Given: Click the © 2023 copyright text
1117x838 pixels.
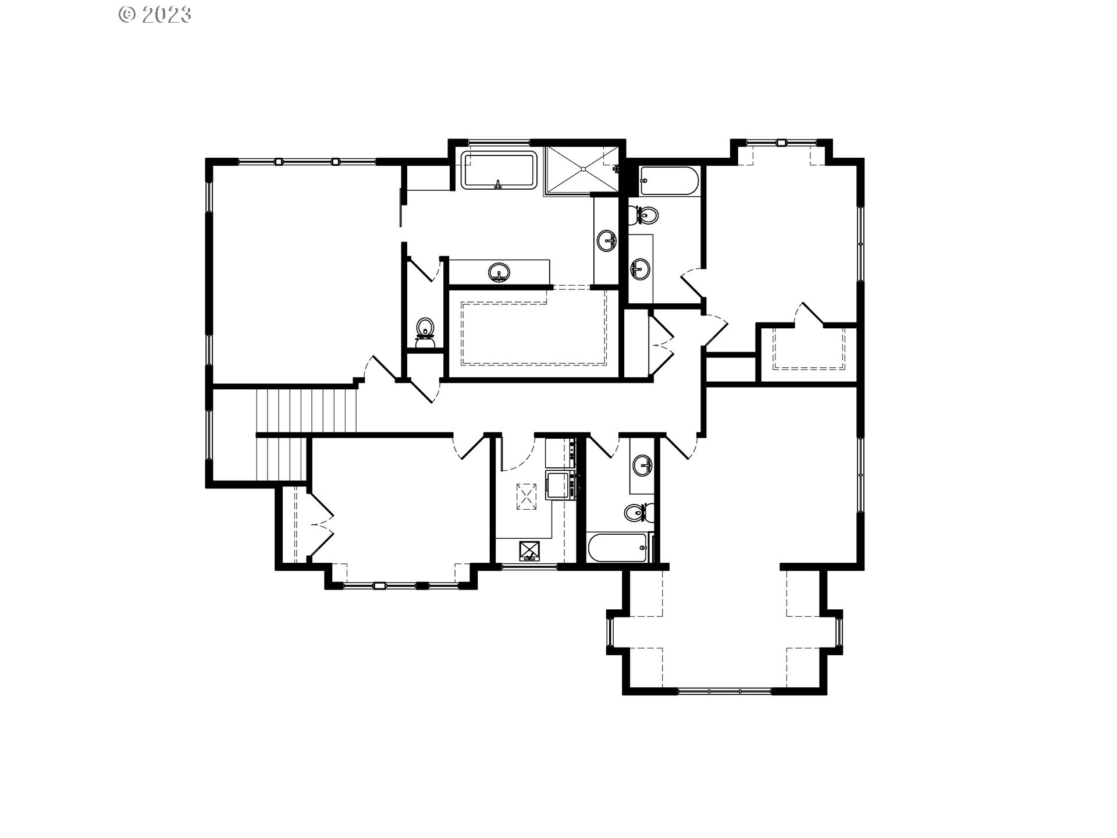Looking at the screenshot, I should click(x=155, y=14).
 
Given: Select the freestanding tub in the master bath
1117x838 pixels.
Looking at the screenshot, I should click(x=499, y=170).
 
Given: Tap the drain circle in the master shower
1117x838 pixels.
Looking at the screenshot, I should click(x=584, y=169).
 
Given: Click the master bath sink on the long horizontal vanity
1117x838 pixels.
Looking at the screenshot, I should click(x=499, y=272).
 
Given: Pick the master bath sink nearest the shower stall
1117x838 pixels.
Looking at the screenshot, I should click(x=607, y=240).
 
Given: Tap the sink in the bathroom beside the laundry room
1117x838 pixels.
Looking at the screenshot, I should click(x=643, y=465).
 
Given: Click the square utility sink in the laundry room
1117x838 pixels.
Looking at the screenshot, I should click(x=529, y=549).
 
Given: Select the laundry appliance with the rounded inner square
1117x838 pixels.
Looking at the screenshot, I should click(x=557, y=484).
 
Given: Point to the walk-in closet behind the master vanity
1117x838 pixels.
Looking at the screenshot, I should click(x=533, y=333).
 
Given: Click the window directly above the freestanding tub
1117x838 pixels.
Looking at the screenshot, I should click(x=499, y=142).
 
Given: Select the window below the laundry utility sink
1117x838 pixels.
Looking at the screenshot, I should click(x=528, y=566).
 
